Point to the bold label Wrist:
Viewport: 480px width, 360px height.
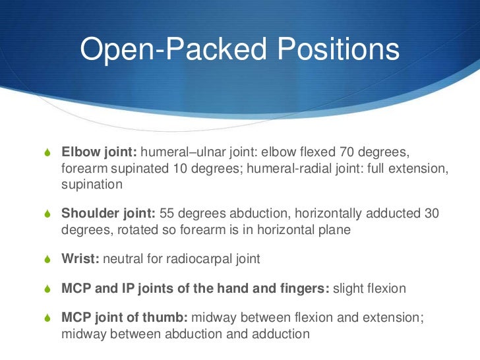tap(80, 259)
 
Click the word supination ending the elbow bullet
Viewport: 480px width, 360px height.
tap(92, 185)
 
